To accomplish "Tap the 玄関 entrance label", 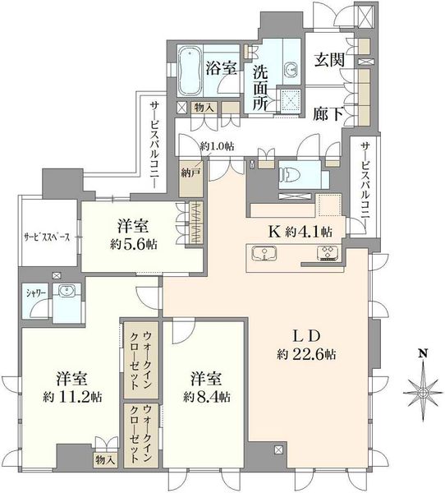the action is (x=329, y=59).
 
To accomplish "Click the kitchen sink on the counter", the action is (x=264, y=253).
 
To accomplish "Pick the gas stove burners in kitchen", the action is (x=328, y=253).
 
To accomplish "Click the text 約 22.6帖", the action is (x=306, y=355).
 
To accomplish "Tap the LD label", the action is (x=306, y=336).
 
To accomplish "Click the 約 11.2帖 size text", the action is (x=72, y=398).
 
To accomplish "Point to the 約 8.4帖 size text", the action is (x=207, y=398).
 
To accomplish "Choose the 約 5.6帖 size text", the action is (x=134, y=244).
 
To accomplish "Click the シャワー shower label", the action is (x=35, y=293).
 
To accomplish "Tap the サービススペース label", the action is (x=47, y=237).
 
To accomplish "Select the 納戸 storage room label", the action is (x=190, y=173).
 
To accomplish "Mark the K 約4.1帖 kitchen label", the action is (x=300, y=232).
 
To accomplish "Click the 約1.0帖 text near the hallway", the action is (x=217, y=146).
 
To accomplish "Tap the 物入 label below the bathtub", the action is (x=204, y=108).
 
